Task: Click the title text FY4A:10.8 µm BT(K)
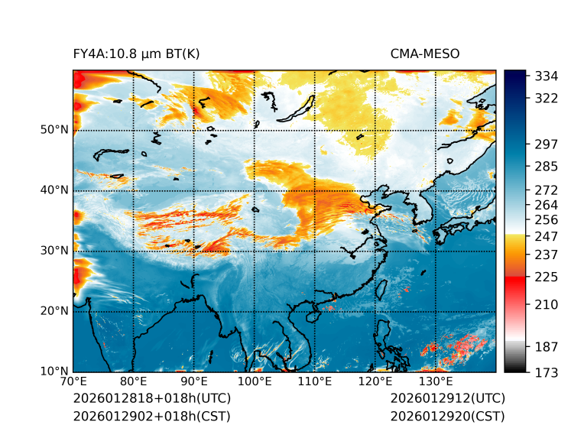pos(137,54)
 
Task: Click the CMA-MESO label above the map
pos(425,54)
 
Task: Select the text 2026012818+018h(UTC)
pos(152,399)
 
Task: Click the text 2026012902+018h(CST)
pos(151,417)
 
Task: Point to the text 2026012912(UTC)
pos(448,399)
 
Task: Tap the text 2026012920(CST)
pos(447,417)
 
